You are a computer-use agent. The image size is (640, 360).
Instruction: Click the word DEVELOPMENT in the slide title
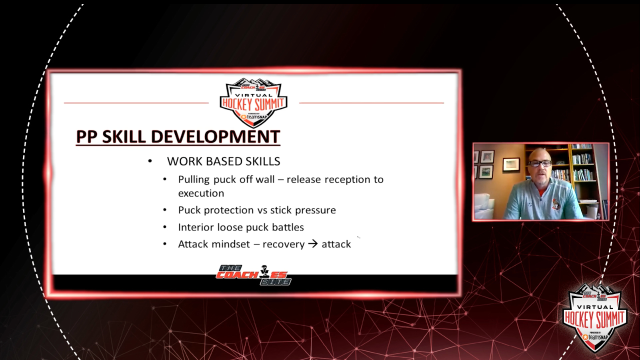(215, 136)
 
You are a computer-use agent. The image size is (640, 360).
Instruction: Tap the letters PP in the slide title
(86, 136)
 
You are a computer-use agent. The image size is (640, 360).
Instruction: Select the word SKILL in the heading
(123, 136)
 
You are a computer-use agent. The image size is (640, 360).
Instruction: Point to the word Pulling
(194, 180)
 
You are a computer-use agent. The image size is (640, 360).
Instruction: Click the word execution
(201, 193)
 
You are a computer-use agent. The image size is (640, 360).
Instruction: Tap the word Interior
(196, 227)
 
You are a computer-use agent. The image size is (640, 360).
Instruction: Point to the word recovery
(283, 245)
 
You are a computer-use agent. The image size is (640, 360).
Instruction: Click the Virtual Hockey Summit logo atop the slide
(253, 103)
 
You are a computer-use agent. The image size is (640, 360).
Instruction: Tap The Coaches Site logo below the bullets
(253, 275)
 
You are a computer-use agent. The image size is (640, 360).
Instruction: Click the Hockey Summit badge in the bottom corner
(595, 317)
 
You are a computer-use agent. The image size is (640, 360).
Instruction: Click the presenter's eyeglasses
(539, 163)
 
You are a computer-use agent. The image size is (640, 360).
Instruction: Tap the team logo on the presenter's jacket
(556, 204)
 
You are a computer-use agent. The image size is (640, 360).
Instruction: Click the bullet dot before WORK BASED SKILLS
(150, 161)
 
